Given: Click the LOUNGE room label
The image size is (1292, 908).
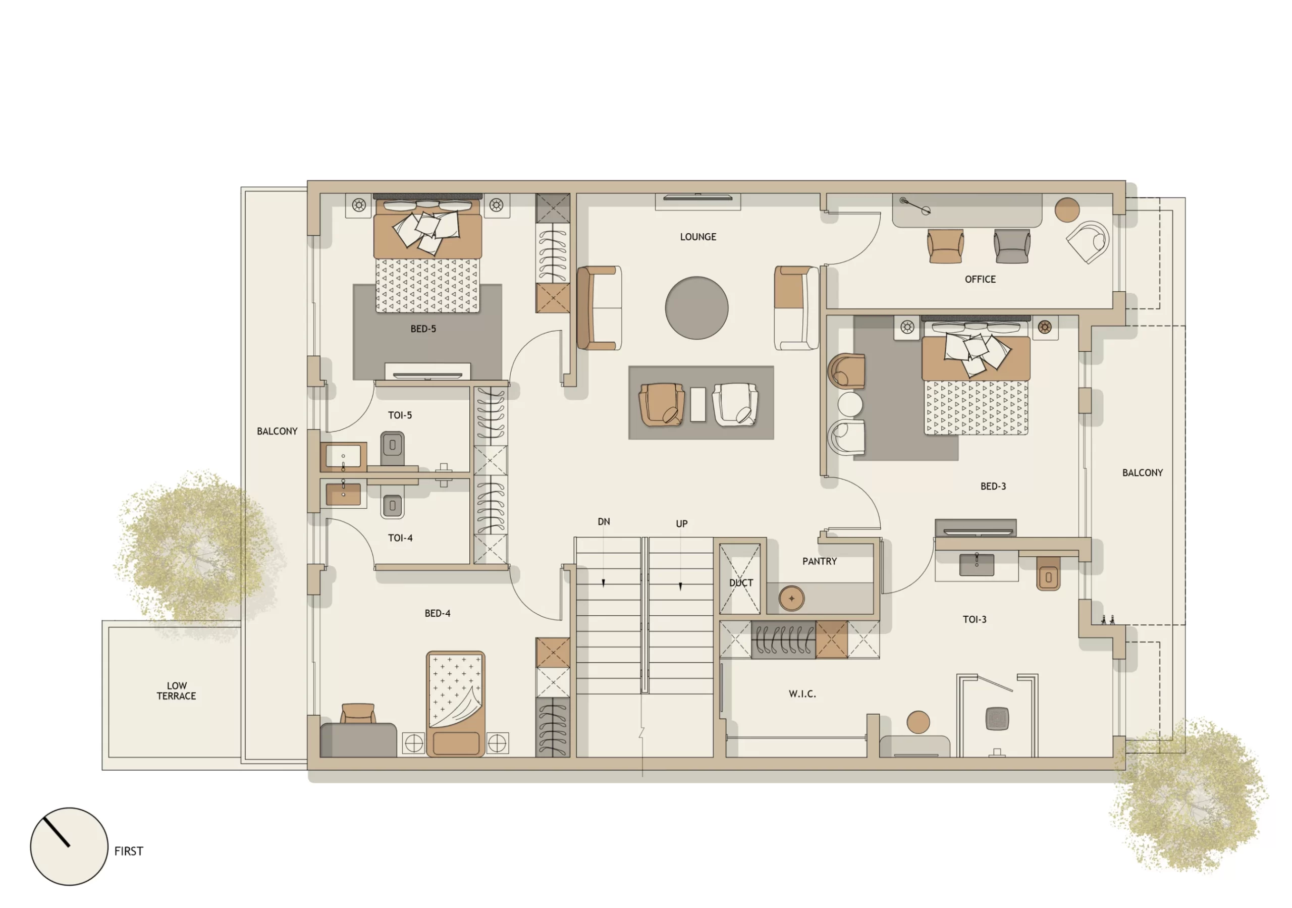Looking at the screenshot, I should [698, 237].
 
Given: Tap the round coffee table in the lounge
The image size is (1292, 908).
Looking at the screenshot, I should [696, 308].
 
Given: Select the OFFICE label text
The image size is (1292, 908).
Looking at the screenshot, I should [980, 279].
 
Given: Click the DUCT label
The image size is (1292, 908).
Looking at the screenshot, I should [740, 582].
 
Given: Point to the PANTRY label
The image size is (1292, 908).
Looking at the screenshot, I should [819, 561].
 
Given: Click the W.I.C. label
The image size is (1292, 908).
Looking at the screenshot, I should [802, 694].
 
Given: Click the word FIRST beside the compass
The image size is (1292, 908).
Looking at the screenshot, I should [128, 851].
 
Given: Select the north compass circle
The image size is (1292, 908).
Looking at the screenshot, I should [69, 846].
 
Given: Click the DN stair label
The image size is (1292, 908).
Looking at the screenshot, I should [603, 522].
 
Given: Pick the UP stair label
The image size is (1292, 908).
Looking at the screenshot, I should [681, 523].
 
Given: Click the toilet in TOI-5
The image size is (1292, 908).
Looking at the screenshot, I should [392, 446].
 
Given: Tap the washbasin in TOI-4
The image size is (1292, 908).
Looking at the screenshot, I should [343, 494].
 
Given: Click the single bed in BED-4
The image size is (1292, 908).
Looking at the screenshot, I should [455, 703].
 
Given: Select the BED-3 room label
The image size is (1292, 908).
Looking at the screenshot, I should [993, 487].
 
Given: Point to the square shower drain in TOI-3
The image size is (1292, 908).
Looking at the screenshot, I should [997, 718].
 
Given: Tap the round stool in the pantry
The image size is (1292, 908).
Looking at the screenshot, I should [791, 599].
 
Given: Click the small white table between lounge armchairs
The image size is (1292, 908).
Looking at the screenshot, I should [698, 404].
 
